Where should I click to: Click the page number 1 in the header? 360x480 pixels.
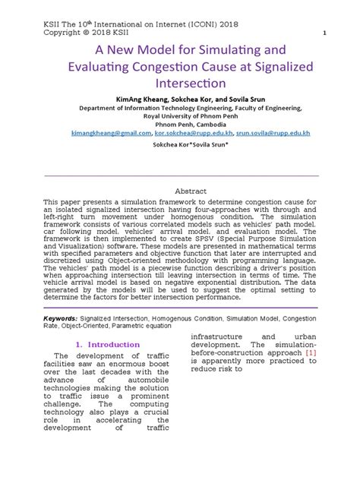[x=324, y=34]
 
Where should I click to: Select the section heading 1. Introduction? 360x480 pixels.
[x=108, y=345]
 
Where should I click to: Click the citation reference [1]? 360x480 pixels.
[x=311, y=354]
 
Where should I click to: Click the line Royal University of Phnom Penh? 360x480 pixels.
[x=180, y=115]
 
